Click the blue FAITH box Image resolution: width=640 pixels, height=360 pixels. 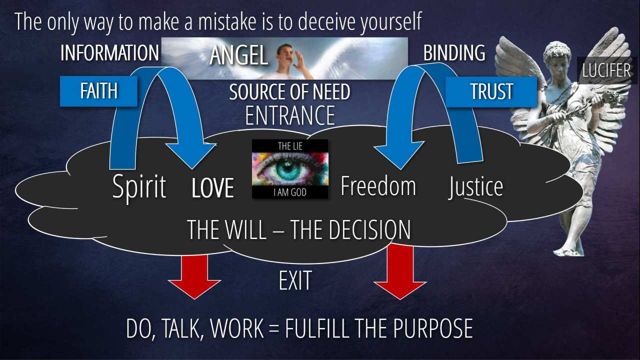point(98,91)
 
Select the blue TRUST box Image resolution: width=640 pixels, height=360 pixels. point(491,91)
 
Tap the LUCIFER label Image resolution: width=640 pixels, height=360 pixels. point(606,70)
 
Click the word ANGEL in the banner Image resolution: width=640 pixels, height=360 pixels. point(238,55)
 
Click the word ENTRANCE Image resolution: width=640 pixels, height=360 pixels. point(290,115)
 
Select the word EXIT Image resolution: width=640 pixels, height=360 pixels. point(295,280)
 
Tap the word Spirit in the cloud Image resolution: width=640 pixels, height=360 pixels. point(139,187)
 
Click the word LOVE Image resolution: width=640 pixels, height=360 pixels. point(213,187)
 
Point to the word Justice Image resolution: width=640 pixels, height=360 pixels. point(475,187)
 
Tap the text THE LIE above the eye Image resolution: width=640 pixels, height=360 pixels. point(290,146)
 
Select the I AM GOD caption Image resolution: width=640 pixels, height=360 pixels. point(290,192)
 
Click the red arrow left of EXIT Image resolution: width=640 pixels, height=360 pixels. point(194,277)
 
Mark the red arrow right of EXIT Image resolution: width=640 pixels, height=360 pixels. point(400,271)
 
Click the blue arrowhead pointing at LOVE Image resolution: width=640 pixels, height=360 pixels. point(191,155)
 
